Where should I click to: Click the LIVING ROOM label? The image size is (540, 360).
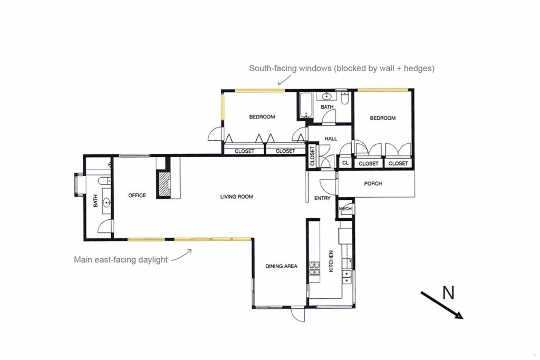236,197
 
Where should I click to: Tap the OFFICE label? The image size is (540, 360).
137,196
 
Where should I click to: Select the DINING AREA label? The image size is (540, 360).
281,266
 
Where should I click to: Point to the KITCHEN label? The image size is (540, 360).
331,261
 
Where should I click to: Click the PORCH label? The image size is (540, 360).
373,184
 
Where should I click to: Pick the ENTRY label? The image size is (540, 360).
322,198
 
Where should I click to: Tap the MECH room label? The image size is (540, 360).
345,209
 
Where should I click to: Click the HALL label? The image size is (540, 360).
330,139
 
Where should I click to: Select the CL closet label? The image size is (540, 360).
345,163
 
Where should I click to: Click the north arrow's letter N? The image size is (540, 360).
448,293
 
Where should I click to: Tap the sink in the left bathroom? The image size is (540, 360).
107,202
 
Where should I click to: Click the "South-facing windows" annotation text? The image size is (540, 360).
342,69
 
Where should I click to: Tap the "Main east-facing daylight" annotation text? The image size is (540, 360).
121,259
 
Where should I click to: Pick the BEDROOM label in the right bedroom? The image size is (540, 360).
382,118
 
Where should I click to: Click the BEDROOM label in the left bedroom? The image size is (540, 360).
262,117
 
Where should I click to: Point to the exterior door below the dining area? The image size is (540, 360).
297,315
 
